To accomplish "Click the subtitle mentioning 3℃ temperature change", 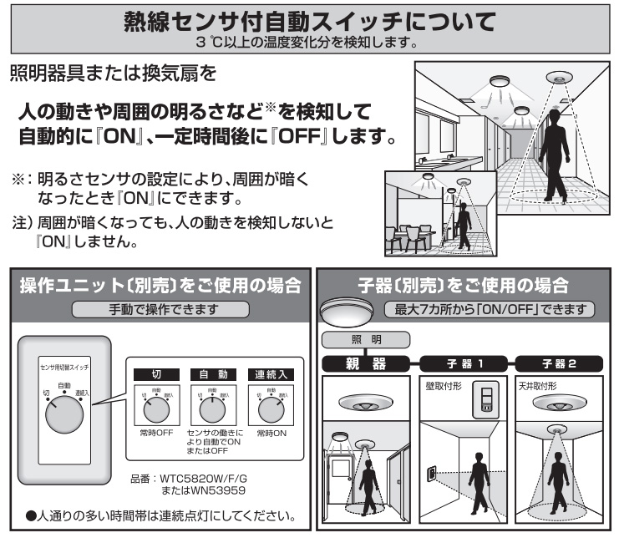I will point(309,38).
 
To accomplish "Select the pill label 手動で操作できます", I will point(160,309).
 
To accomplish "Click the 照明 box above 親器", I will point(365,340).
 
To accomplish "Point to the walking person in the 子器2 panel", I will point(561,484).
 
